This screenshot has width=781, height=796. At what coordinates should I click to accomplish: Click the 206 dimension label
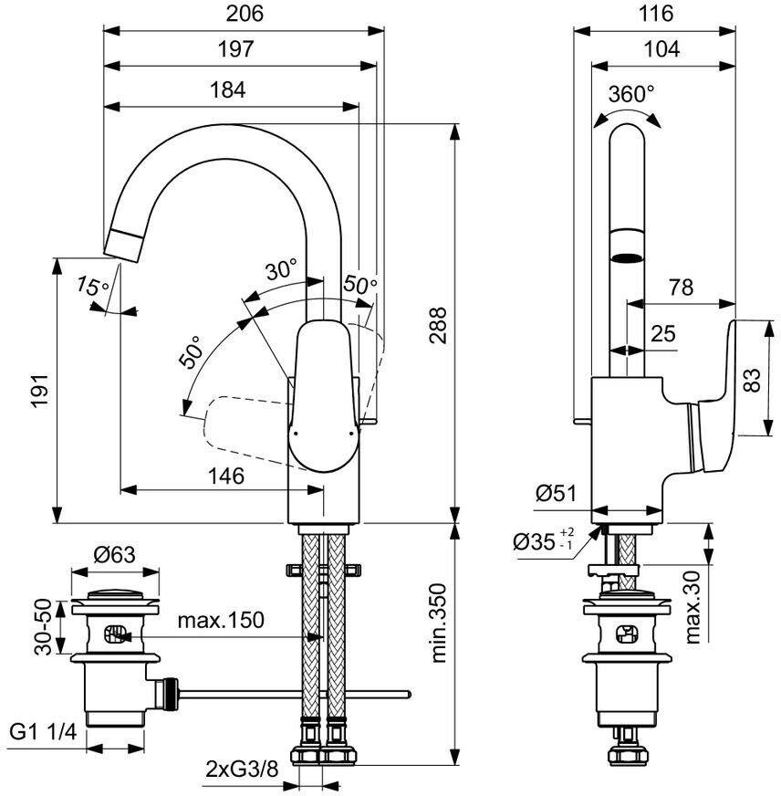tap(245, 13)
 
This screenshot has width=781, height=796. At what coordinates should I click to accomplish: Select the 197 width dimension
tap(235, 49)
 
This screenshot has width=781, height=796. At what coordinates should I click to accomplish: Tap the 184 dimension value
tap(228, 89)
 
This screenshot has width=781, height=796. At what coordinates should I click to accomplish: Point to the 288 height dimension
tap(438, 325)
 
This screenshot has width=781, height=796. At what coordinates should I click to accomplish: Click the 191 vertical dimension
tap(40, 391)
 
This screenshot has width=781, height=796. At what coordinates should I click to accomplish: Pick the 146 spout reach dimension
tap(226, 476)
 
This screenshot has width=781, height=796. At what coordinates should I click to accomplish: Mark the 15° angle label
tap(92, 287)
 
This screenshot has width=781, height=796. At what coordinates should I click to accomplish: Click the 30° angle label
tap(282, 269)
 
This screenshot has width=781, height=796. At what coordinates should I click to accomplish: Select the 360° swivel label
tap(631, 94)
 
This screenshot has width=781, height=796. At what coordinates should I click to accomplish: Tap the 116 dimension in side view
tap(656, 13)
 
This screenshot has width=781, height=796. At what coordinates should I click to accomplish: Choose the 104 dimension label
tap(661, 49)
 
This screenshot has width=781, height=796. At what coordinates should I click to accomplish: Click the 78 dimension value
tap(681, 288)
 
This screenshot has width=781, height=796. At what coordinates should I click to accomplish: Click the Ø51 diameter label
tap(557, 493)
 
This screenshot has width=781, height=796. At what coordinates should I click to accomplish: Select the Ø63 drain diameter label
tap(115, 554)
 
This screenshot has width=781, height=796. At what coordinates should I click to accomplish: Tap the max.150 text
tap(221, 620)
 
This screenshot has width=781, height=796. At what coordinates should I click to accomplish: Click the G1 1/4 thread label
tap(43, 732)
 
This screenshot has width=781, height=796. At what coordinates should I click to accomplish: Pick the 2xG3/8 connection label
tap(243, 770)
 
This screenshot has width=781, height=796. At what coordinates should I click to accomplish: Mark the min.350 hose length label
tap(439, 623)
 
